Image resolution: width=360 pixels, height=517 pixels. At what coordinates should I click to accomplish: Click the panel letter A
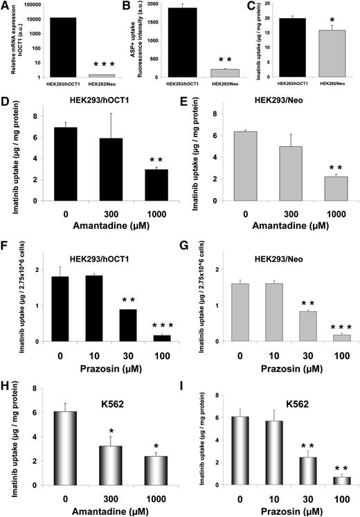pyautogui.click(x=6, y=6)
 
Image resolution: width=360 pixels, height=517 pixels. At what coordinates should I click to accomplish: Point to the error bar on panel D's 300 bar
pyautogui.click(x=96, y=125)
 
